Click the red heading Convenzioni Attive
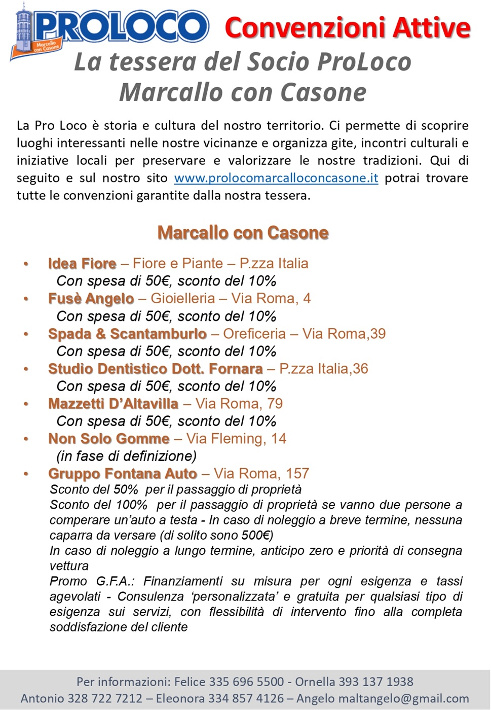(348, 27)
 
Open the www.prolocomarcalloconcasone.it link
(276, 178)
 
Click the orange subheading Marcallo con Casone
(243, 233)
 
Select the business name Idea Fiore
(82, 264)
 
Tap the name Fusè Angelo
(91, 299)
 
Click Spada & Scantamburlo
(127, 334)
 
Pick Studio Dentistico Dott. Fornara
(155, 369)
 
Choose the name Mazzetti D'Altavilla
(113, 404)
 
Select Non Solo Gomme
(108, 439)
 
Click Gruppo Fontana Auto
(122, 474)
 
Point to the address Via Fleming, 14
(236, 439)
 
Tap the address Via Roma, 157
(261, 474)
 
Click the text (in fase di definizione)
(126, 456)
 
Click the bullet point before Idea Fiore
(26, 264)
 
